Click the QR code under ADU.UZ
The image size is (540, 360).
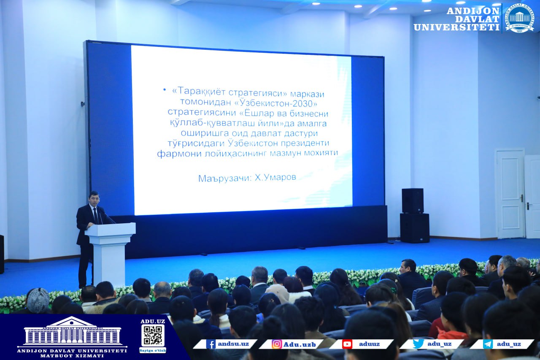coord(153,336)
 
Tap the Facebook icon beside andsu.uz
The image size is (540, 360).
coord(211,344)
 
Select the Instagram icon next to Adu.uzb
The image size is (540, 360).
coord(276,344)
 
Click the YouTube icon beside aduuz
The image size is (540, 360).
coord(347,344)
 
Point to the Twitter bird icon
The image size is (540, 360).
coord(418,344)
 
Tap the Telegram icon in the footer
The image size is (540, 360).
coord(487,344)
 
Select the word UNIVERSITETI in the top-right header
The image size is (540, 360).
coord(456,27)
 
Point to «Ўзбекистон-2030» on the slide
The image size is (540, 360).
coord(276,103)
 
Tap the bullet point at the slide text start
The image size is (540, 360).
coord(165,90)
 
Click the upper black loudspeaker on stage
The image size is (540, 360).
coord(413,200)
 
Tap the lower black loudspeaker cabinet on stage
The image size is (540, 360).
coord(415,228)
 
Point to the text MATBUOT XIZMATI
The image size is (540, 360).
coord(72,356)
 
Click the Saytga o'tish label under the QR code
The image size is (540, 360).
coord(153,350)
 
